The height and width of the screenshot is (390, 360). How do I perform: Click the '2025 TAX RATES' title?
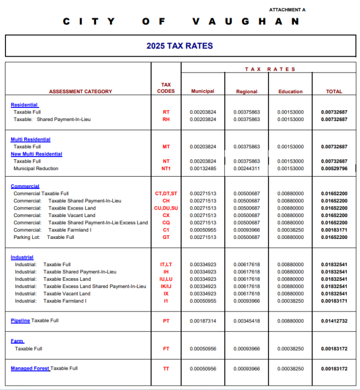[x=179, y=46]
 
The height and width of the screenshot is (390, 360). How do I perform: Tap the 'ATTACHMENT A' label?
[x=287, y=10]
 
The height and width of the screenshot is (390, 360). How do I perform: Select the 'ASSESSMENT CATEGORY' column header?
[x=80, y=92]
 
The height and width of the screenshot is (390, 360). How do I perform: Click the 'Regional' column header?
[x=247, y=92]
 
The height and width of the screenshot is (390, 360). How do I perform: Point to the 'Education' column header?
[x=290, y=92]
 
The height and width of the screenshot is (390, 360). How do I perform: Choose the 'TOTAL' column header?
[x=334, y=92]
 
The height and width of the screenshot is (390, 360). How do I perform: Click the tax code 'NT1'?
[x=166, y=169]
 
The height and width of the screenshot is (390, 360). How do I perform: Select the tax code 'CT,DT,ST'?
[x=166, y=194]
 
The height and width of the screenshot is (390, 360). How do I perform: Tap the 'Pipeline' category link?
[x=20, y=321]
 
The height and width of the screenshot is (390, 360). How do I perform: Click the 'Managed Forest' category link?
[x=30, y=369]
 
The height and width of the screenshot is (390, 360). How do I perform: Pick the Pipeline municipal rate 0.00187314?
[x=203, y=321]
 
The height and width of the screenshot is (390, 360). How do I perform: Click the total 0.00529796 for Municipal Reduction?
[x=334, y=169]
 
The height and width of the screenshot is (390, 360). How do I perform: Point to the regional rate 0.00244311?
[x=247, y=169]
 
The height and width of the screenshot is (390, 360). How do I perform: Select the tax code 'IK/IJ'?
[x=166, y=286]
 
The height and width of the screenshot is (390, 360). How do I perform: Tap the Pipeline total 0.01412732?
[x=334, y=321]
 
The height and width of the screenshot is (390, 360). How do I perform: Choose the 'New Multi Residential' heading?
[x=36, y=154]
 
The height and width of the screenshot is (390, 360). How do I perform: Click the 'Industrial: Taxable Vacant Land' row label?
[x=52, y=293]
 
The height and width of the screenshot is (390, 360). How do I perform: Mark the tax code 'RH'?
[x=166, y=119]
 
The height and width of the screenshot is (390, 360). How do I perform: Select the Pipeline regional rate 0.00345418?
[x=247, y=321]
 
